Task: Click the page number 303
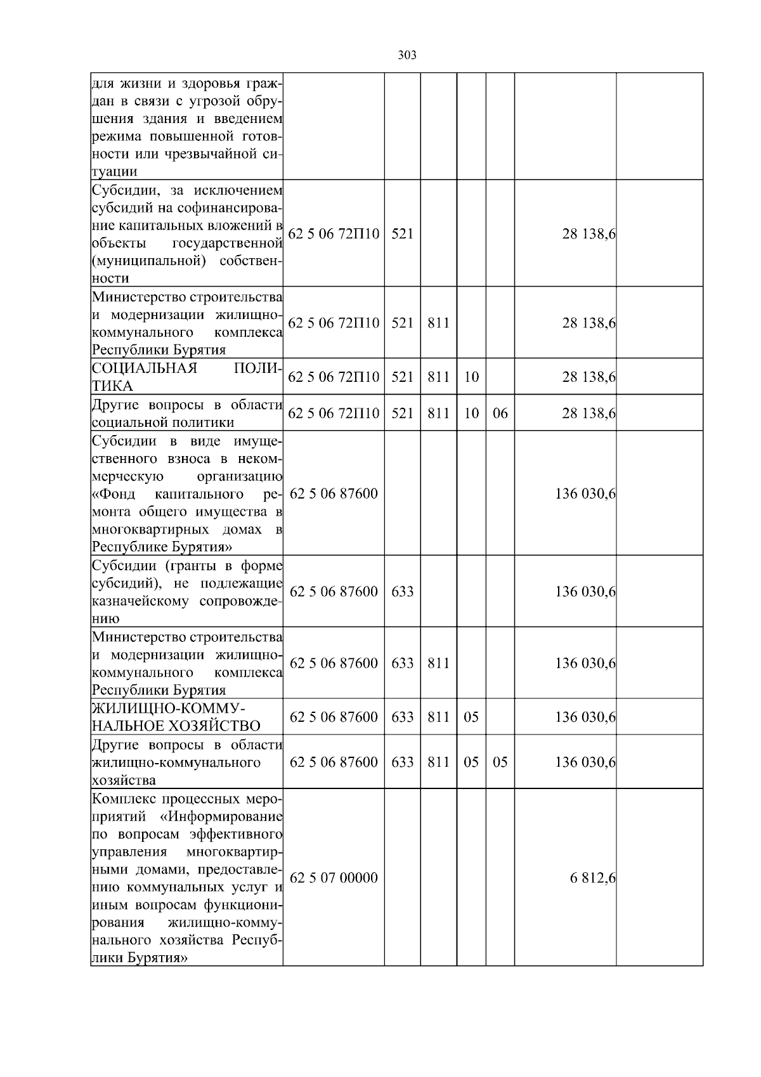click(407, 55)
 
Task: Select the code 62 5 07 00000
click(334, 878)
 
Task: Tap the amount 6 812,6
click(592, 878)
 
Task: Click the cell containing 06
click(500, 414)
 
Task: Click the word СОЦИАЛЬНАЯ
click(145, 369)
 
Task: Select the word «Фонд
click(114, 493)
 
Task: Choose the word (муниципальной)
click(149, 261)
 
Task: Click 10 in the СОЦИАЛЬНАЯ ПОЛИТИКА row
click(471, 377)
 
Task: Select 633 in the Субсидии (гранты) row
click(403, 592)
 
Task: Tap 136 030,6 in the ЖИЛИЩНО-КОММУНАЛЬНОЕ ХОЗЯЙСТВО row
click(585, 717)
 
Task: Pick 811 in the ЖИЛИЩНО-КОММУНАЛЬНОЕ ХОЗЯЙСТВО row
click(438, 717)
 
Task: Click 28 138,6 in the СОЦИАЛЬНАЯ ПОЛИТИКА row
click(589, 377)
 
